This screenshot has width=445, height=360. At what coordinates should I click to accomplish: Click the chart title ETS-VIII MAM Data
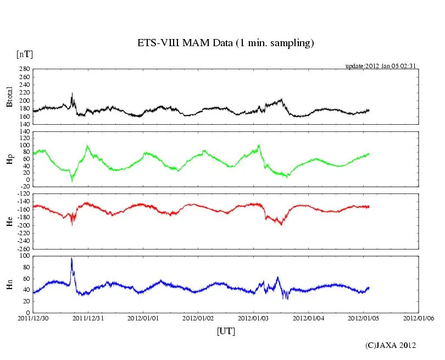coord(225,43)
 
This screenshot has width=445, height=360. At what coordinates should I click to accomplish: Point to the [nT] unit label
coord(24,54)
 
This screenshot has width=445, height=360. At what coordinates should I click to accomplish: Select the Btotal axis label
coord(9,97)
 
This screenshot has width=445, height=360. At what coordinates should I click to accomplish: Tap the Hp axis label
coord(9,159)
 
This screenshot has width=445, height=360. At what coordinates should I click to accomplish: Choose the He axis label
coord(9,221)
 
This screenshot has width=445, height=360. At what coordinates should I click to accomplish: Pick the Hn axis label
coord(9,284)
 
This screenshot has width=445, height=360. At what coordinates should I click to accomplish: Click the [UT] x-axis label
coord(226,331)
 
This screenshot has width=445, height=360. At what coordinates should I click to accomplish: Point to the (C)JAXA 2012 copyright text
coord(391,345)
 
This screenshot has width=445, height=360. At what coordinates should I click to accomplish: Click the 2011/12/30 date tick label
coord(33,318)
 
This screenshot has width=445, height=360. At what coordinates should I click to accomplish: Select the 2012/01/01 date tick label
coord(143,318)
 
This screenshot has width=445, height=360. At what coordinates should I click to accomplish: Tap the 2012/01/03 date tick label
coord(254,318)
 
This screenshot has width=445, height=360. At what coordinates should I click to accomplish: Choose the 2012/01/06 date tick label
coord(419,318)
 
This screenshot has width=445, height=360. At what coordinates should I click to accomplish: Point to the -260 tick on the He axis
coord(23,248)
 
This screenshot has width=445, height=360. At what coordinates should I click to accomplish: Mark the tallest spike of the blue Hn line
coord(71,258)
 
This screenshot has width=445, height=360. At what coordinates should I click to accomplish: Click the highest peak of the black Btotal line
coord(72,94)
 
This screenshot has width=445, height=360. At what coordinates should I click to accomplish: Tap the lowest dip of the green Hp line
coord(71,181)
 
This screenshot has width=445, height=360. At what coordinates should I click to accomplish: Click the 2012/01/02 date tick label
coord(198,318)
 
